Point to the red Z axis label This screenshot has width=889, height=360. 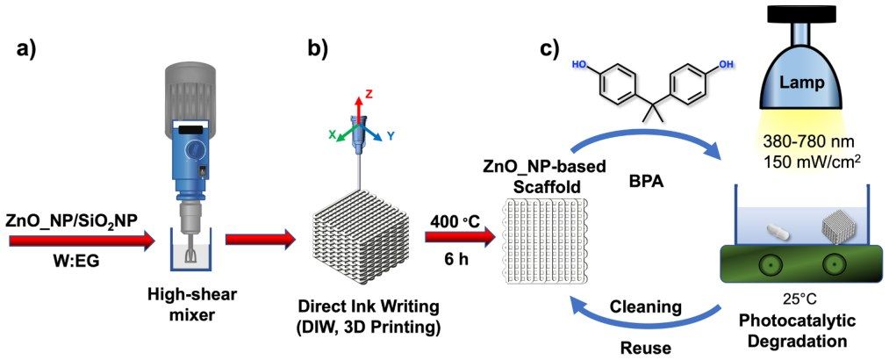pos(369,94)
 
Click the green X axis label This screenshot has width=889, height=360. pos(332,134)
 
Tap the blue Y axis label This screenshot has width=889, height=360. pos(391,135)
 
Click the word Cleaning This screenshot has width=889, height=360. pos(645,306)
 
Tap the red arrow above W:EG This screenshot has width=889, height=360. pos(82,241)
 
